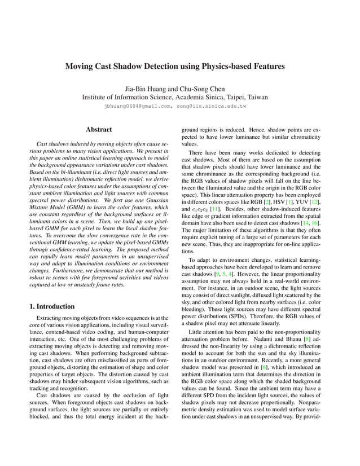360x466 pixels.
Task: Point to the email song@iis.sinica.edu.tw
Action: tap(213, 105)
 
